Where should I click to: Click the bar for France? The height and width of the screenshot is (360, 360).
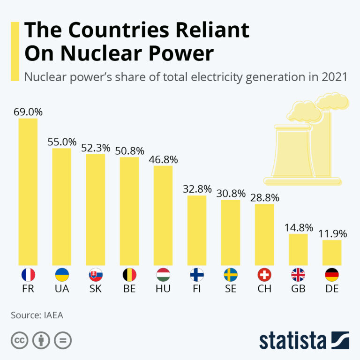click(28, 191)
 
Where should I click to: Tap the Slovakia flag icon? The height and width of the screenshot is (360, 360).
click(96, 275)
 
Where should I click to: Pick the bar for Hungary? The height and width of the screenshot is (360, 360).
click(163, 215)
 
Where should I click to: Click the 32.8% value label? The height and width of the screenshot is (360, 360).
click(197, 189)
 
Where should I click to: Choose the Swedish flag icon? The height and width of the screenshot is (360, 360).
click(231, 275)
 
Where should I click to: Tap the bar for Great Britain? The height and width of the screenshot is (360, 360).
click(298, 249)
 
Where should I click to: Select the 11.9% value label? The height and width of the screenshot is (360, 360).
click(332, 233)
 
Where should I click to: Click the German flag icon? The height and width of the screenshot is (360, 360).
click(332, 275)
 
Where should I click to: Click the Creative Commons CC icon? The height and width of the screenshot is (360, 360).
click(18, 340)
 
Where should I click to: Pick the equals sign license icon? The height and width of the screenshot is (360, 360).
click(62, 340)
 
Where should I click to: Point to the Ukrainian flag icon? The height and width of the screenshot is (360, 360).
click(62, 275)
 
